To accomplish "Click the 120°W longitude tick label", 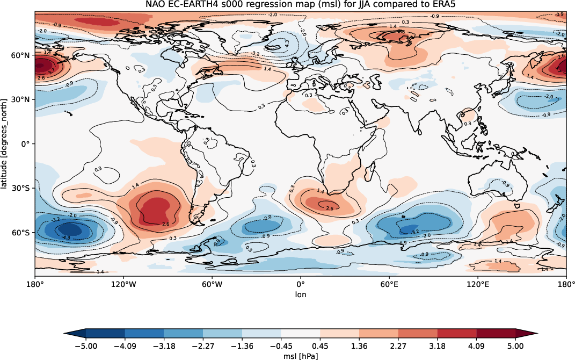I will [x=123, y=284].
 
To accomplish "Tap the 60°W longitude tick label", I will [x=212, y=284].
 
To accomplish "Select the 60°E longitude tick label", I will [x=389, y=284].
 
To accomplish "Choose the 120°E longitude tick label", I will [x=478, y=284].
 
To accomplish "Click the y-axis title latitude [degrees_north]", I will [x=6, y=144].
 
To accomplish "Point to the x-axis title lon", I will [x=301, y=294].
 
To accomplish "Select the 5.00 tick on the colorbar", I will [x=516, y=345].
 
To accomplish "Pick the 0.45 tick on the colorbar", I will [x=320, y=345].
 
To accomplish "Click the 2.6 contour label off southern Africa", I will [x=330, y=208].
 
